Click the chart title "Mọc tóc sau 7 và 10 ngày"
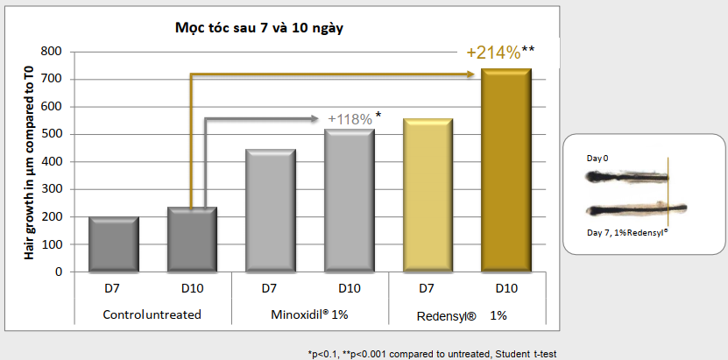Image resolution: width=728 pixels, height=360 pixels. click(260, 28)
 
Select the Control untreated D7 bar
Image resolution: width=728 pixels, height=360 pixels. click(114, 244)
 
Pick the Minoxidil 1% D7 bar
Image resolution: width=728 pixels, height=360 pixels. click(271, 210)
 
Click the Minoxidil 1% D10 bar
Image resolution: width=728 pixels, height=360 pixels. click(350, 201)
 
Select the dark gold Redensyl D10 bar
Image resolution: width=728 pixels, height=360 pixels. click(506, 170)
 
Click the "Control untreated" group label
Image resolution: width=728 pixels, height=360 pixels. click(152, 314)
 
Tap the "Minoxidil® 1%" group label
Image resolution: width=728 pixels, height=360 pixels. click(310, 314)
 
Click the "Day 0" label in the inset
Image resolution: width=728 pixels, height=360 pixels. click(598, 159)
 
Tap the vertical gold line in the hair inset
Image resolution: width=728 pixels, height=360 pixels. click(668, 193)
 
